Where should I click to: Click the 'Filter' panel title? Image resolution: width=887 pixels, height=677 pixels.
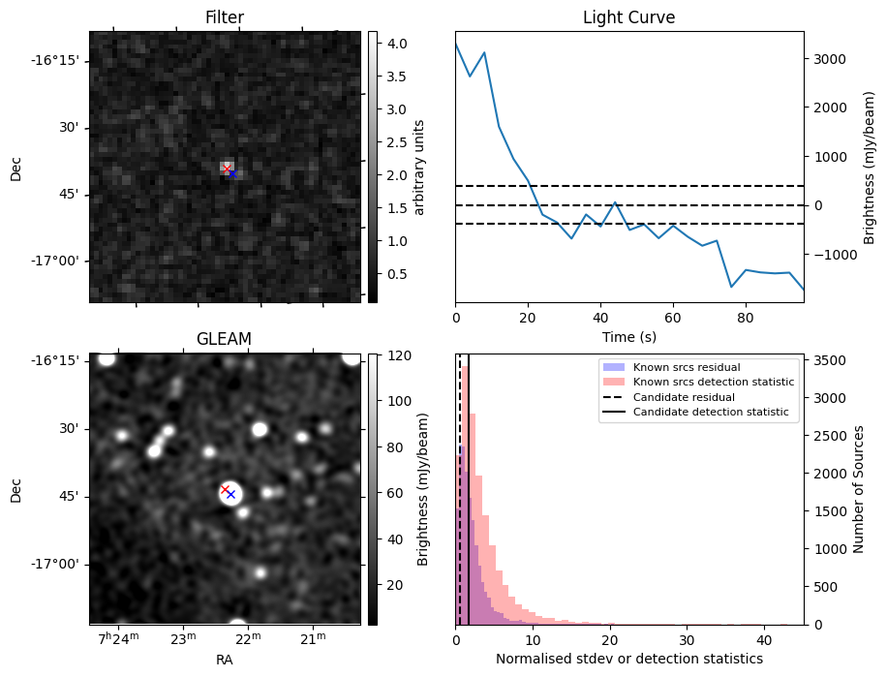click(224, 17)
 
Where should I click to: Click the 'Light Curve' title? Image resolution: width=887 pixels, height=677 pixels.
click(628, 17)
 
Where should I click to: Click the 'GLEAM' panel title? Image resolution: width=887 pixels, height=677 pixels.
click(224, 338)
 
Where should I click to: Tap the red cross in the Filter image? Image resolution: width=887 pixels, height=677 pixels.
click(227, 169)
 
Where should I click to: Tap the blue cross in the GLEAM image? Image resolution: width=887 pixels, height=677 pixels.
click(230, 494)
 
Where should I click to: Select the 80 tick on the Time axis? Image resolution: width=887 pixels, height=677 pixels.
click(746, 317)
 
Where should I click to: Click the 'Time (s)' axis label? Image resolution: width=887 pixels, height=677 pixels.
click(628, 336)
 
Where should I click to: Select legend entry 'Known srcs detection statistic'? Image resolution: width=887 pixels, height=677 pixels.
click(713, 382)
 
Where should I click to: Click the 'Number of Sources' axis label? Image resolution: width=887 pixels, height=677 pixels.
click(858, 489)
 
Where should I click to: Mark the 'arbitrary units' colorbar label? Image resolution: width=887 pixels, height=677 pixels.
click(418, 167)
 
